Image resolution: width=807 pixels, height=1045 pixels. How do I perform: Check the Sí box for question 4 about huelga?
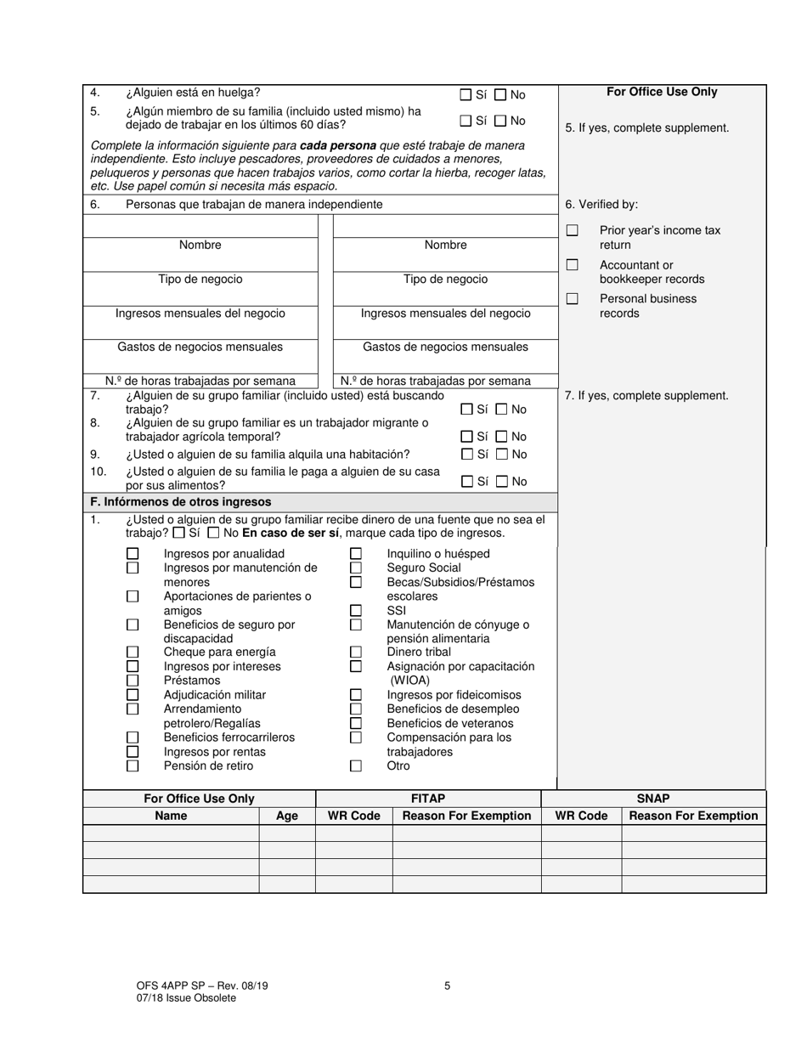[x=466, y=95]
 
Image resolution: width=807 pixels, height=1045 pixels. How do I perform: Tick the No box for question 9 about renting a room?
[x=501, y=455]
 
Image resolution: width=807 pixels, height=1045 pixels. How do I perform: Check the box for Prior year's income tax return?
[x=573, y=230]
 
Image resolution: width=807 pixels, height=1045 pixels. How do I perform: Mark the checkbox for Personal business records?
[x=573, y=299]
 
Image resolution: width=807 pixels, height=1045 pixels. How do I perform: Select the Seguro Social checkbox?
[x=356, y=568]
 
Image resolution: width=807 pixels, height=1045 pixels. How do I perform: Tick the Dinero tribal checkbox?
[x=356, y=652]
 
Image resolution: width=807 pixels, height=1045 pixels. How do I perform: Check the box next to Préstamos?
[x=133, y=681]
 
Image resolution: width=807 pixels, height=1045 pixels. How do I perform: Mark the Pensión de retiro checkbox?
[x=133, y=765]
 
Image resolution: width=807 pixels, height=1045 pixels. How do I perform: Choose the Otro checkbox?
[x=356, y=765]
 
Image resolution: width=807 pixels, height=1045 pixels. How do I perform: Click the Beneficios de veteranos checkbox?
[x=356, y=723]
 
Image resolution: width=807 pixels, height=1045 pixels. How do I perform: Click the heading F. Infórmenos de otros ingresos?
[x=181, y=502]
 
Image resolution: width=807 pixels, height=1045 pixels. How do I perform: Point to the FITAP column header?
[x=428, y=799]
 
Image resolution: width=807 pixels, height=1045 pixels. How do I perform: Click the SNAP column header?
[x=653, y=799]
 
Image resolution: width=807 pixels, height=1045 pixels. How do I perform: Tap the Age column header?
[x=287, y=816]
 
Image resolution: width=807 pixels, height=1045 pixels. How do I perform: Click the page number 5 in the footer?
[x=447, y=986]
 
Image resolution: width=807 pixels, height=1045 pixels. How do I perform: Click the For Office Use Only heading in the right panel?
[x=662, y=92]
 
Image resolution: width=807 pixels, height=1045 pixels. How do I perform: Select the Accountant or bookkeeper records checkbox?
[x=573, y=265]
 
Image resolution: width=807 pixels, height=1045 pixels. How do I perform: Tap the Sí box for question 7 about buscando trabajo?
[x=466, y=410]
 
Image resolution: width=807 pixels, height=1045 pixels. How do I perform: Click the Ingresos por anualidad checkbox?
[x=133, y=554]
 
